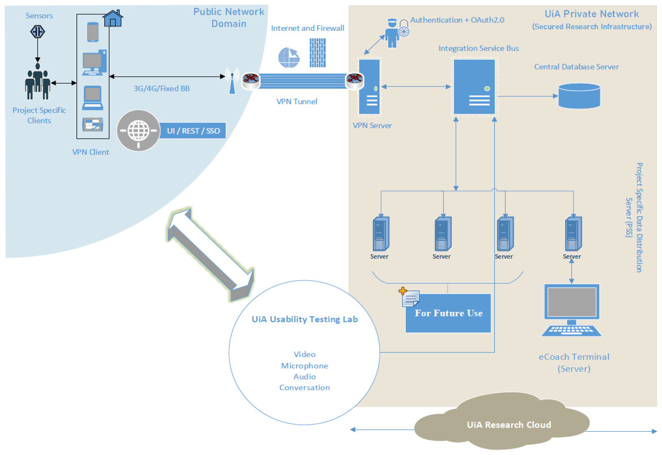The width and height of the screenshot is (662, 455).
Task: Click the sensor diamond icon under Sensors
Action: click(x=38, y=31)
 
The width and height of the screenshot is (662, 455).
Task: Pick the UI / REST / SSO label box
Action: click(x=193, y=131)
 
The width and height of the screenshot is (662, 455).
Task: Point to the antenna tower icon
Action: click(x=232, y=81)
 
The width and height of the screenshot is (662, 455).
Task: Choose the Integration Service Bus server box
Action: click(x=474, y=87)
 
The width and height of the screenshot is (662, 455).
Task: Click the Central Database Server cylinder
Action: click(x=579, y=96)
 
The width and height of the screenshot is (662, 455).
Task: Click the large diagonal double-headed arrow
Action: click(x=211, y=255)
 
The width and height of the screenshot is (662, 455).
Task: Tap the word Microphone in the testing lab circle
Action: click(x=305, y=366)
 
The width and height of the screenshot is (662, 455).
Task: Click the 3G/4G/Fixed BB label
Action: click(x=162, y=89)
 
